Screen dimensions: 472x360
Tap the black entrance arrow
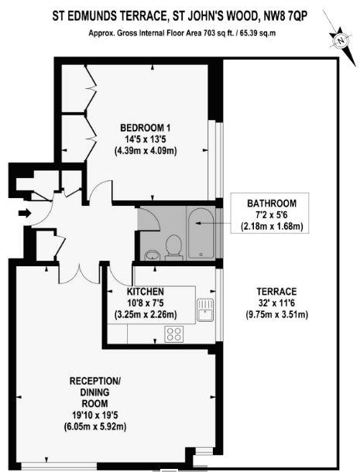tap(26, 213)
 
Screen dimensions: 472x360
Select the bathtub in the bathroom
tap(199, 232)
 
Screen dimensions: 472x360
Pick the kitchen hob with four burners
tap(173, 333)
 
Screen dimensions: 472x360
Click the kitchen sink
tap(204, 310)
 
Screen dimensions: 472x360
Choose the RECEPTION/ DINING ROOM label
tap(95, 392)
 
